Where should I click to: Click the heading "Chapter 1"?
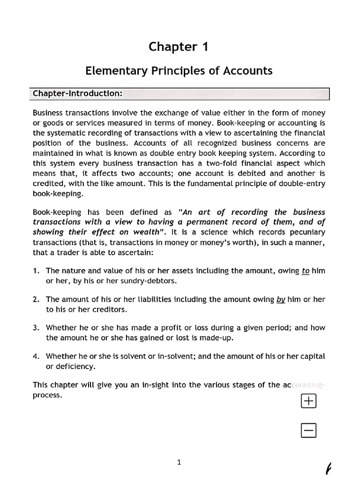[179, 46]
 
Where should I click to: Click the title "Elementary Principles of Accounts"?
[179, 71]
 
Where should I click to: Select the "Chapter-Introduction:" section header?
[77, 93]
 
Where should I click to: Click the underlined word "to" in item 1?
[305, 271]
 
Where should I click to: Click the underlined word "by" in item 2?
[281, 300]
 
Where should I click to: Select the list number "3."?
[36, 328]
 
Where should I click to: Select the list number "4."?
[36, 356]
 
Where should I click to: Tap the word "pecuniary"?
[308, 232]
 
